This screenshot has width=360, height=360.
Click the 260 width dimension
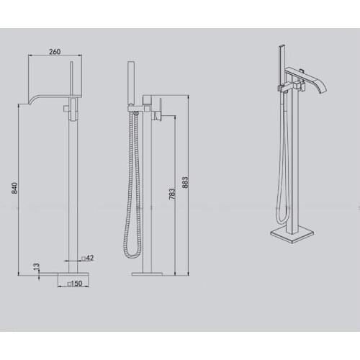53,51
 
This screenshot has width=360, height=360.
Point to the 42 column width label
91,257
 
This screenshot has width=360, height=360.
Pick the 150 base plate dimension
76,284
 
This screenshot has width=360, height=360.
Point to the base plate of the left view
71,274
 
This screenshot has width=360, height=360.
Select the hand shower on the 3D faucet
279,64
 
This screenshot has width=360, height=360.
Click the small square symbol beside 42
84,257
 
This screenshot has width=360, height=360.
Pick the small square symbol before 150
68,284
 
